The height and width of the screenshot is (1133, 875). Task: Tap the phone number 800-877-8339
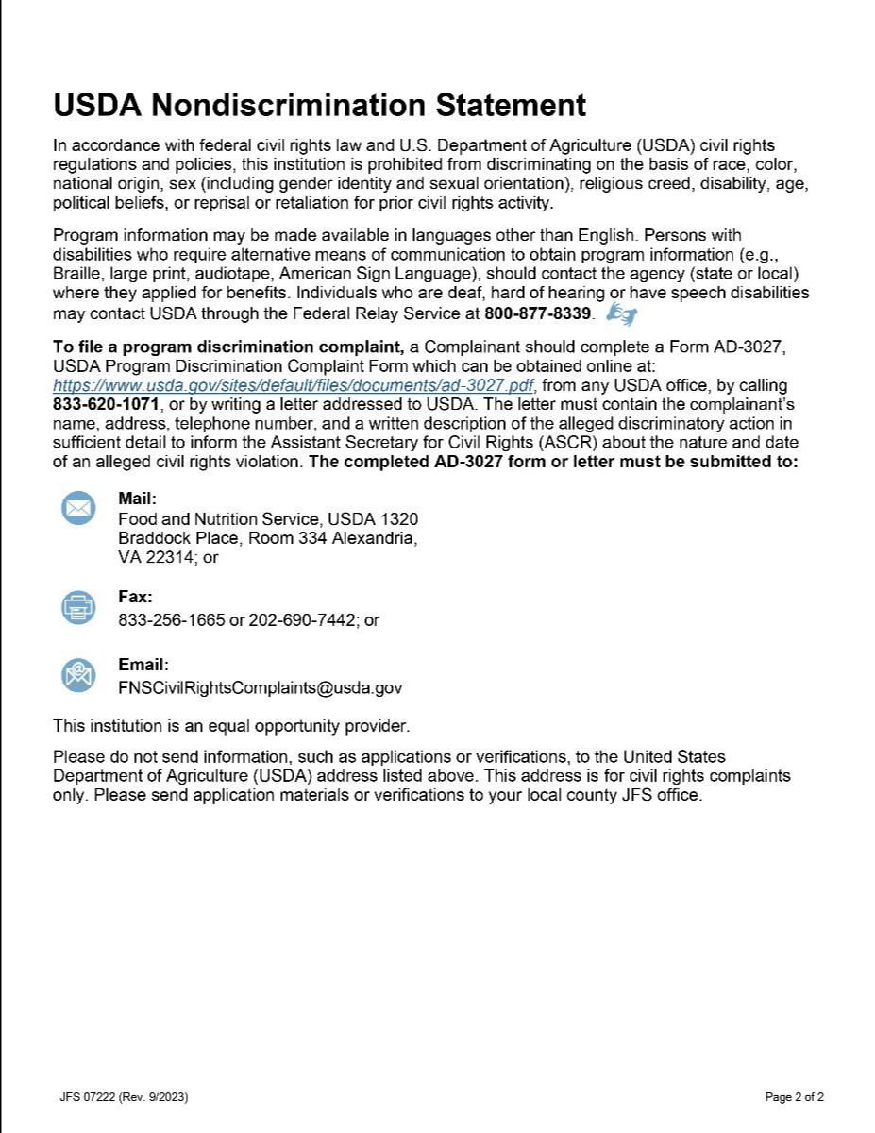pyautogui.click(x=537, y=313)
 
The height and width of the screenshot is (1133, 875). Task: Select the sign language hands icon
pyautogui.click(x=622, y=312)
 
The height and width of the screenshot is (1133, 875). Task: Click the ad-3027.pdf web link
pyautogui.click(x=294, y=385)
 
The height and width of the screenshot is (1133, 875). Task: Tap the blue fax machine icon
pyautogui.click(x=78, y=607)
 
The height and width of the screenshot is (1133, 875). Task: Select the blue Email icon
pyautogui.click(x=78, y=674)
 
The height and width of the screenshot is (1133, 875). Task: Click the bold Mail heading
pyautogui.click(x=137, y=499)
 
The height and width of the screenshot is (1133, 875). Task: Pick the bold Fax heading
pyautogui.click(x=135, y=597)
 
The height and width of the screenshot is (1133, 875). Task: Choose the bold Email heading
pyautogui.click(x=143, y=665)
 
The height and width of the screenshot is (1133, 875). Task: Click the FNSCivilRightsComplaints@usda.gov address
pyautogui.click(x=260, y=687)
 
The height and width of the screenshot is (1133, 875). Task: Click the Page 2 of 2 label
pyautogui.click(x=794, y=1097)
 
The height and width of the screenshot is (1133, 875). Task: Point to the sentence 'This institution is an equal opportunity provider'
pyautogui.click(x=231, y=726)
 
